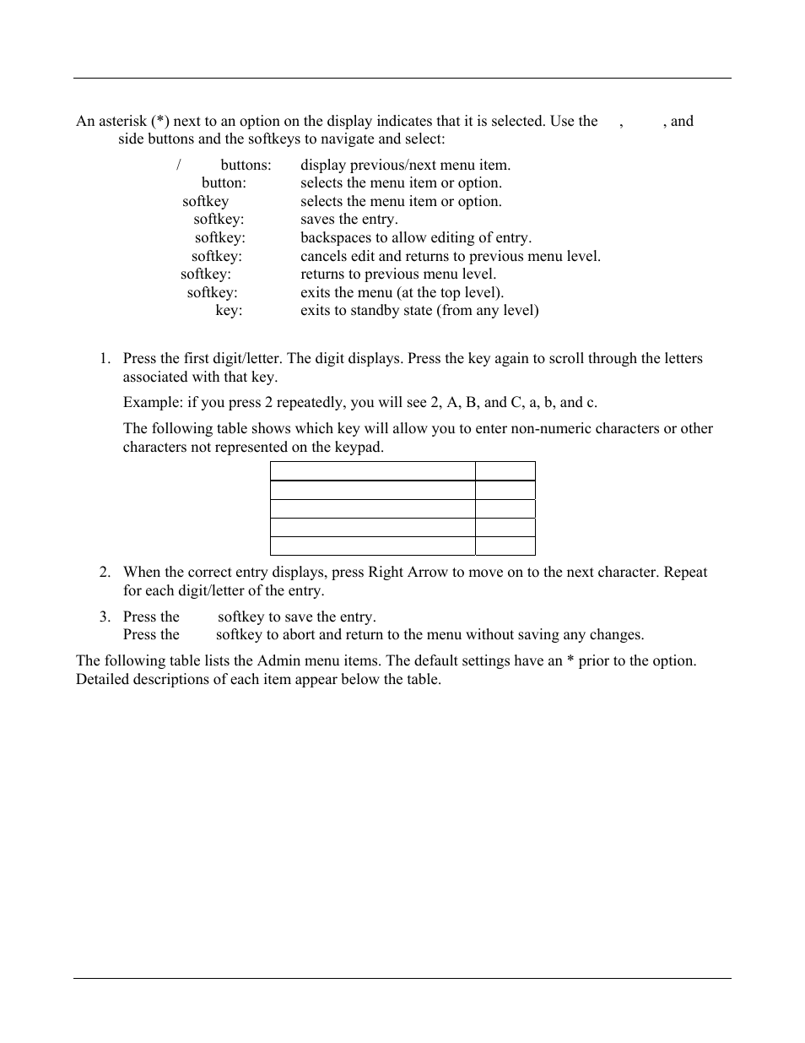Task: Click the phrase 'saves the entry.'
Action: pos(349,220)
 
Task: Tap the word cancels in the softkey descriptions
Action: pos(324,256)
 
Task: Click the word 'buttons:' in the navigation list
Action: pos(246,166)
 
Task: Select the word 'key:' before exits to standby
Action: pos(229,311)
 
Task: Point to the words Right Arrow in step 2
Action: pos(408,573)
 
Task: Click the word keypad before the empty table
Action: pos(359,448)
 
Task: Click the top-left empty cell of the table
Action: pos(372,471)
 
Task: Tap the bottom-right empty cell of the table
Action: pos(505,546)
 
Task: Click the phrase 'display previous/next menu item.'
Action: pos(405,166)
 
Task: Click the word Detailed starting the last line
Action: pos(103,680)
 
